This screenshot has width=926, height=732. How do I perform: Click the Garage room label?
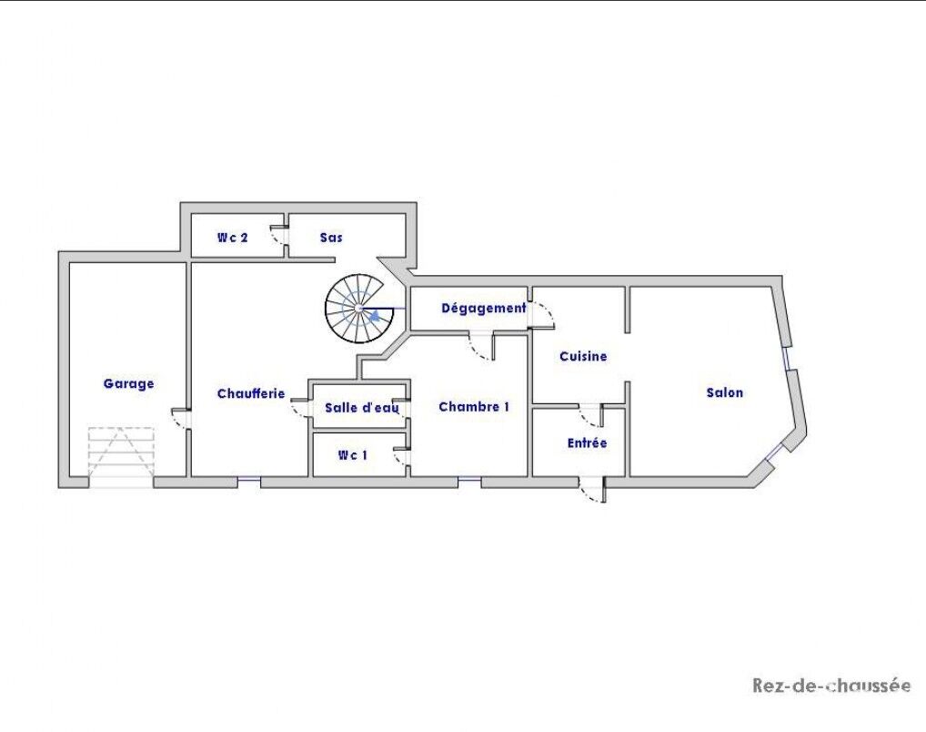coord(129,383)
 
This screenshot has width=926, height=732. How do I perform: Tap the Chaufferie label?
coord(251,393)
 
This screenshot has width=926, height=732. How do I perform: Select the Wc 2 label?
coord(232,238)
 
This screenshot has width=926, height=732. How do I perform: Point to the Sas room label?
coord(331,237)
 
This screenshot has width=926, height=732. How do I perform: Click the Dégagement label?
coord(484,308)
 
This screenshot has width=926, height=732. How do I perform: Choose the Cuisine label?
coord(583,356)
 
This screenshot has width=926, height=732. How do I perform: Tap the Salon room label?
coord(725,392)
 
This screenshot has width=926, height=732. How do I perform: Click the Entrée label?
coord(587,442)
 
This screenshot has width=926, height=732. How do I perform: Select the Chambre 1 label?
coord(474,407)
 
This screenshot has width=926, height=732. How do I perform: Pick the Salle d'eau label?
coord(361,407)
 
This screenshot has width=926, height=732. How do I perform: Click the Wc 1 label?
coord(352,454)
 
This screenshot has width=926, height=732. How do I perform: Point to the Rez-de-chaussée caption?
coord(830,686)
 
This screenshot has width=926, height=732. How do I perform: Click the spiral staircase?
coord(359,308)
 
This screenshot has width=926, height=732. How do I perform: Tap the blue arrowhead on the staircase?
coord(374,316)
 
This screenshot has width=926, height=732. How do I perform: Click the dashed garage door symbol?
coord(121,452)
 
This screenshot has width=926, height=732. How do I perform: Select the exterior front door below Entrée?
coord(592,490)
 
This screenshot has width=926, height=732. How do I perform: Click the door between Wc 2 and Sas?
coord(278,235)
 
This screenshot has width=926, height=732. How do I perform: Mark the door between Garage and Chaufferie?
coord(181,419)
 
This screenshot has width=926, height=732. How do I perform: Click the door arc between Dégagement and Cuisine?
coord(541,314)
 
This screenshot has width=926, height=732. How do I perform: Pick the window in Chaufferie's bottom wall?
coord(249,483)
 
